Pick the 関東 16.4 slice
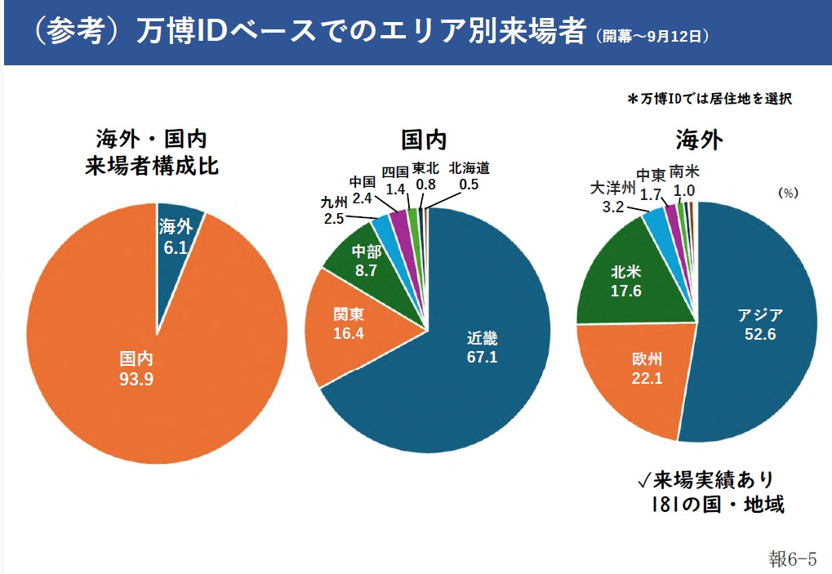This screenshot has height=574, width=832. pos(347,323)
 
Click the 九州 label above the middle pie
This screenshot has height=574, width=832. pos(335,202)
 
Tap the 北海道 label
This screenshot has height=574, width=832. pos(469,169)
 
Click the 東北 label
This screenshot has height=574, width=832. pos(425,168)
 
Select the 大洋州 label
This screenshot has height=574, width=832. pos(613,189)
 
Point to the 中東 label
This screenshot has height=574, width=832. pos(651,174)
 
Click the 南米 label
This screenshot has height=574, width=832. pos(683,171)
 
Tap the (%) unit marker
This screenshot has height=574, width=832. pos(787,194)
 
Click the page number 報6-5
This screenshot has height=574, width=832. pos(792,558)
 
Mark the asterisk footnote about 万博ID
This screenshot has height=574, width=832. pos(710,99)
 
